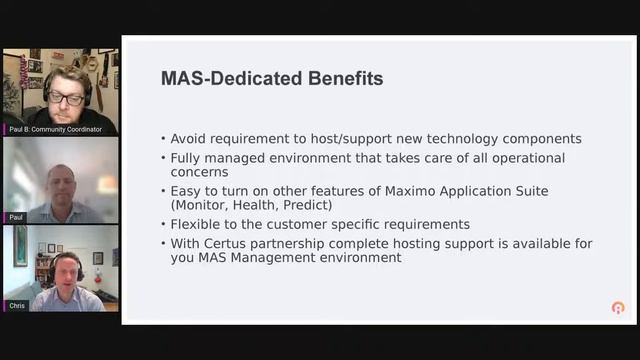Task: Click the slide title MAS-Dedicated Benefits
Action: (272, 79)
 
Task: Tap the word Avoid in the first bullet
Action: (189, 139)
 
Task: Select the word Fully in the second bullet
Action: (187, 158)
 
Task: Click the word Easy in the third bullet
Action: (187, 191)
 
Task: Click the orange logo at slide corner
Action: (618, 308)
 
